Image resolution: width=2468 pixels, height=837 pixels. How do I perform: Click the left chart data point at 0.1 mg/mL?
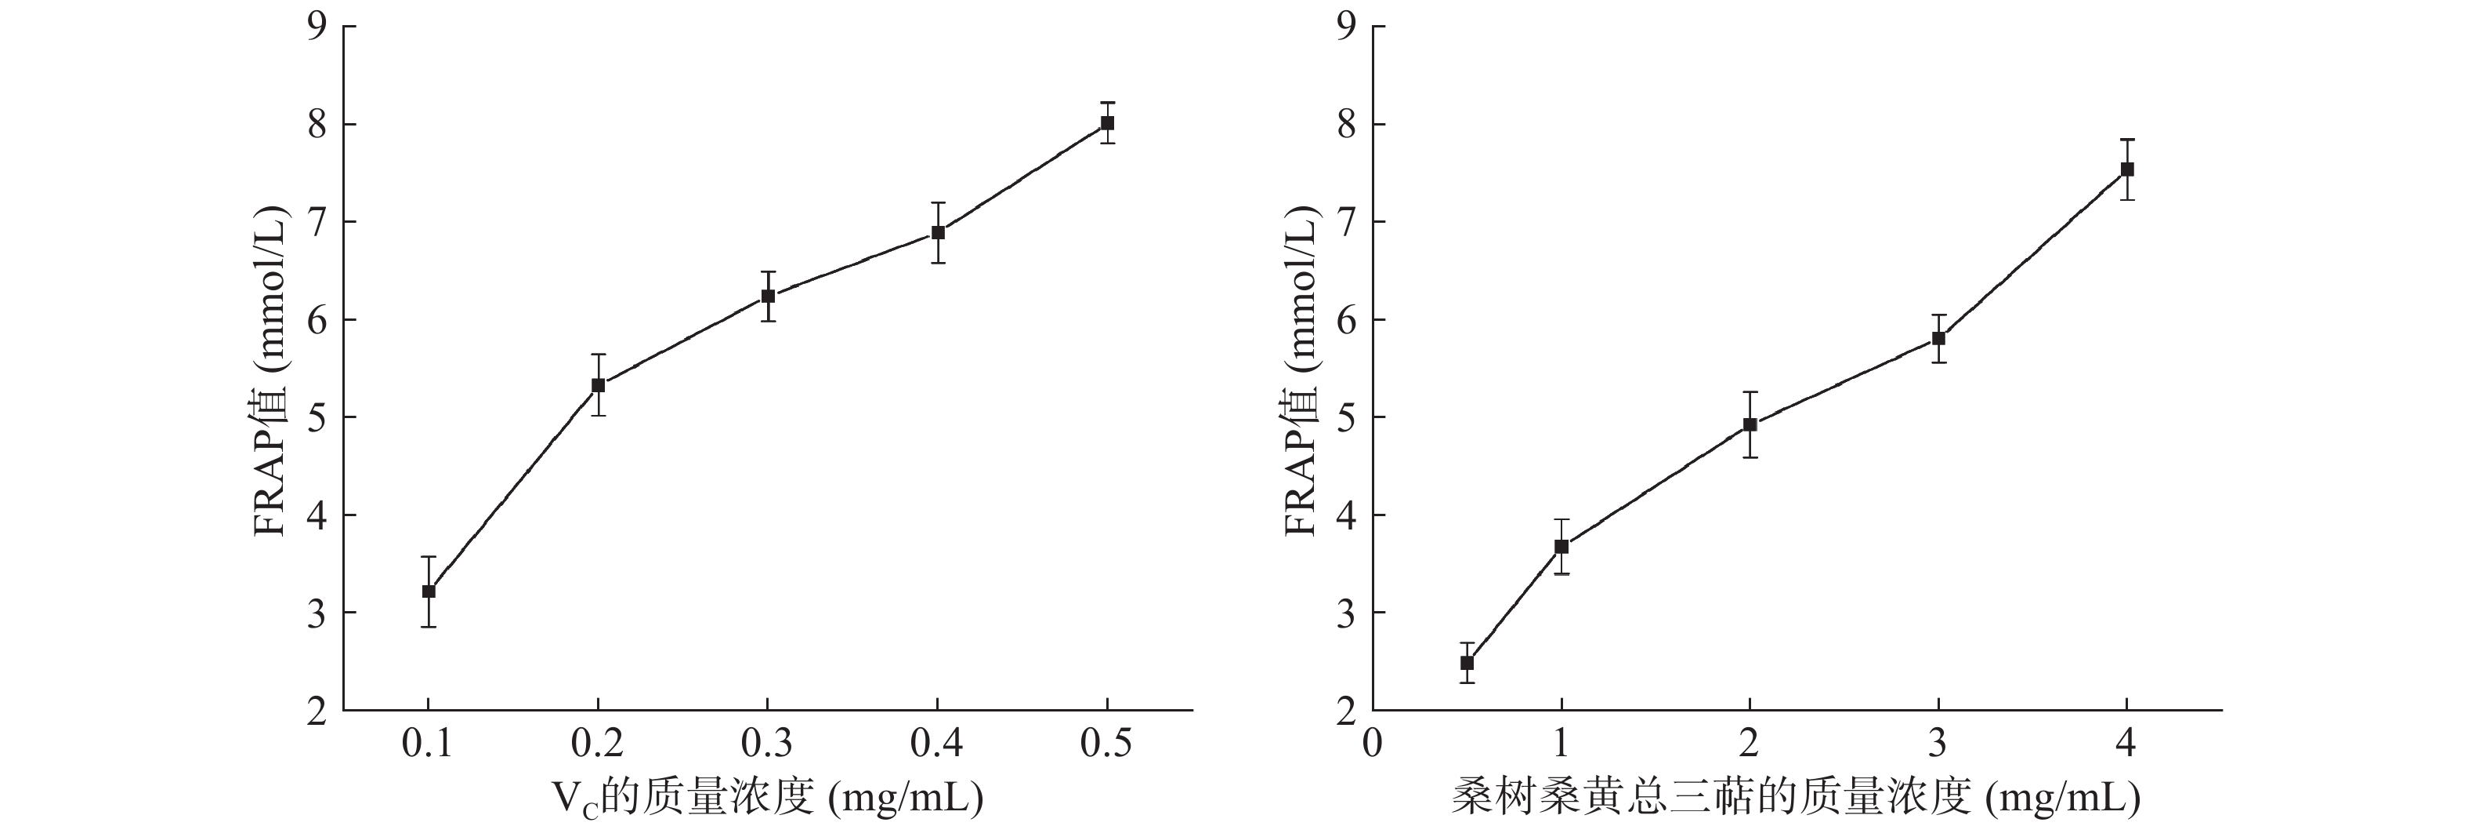pyautogui.click(x=429, y=591)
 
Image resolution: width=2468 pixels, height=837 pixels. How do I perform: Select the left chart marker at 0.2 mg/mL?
pyautogui.click(x=598, y=385)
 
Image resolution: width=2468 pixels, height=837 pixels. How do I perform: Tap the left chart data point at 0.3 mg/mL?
pyautogui.click(x=767, y=297)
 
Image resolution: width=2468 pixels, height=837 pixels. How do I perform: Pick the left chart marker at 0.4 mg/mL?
pyautogui.click(x=938, y=233)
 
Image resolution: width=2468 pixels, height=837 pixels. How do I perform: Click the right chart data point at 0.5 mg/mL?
pyautogui.click(x=1467, y=663)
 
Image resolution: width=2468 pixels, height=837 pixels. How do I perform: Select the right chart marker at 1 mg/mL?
pyautogui.click(x=1561, y=547)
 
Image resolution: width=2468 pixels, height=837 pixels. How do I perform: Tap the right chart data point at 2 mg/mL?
pyautogui.click(x=1750, y=424)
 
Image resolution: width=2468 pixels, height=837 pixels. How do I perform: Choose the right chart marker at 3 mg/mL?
pyautogui.click(x=1939, y=338)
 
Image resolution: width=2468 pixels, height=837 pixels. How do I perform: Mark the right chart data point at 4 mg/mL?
pyautogui.click(x=2128, y=169)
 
